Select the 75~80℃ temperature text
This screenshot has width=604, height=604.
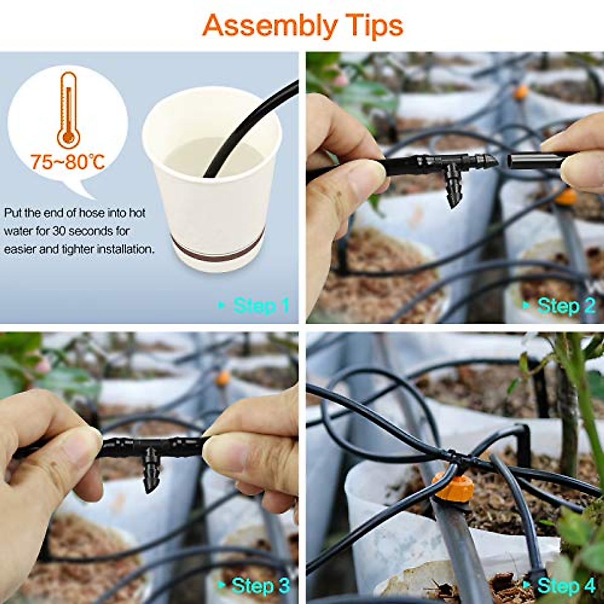[68, 162]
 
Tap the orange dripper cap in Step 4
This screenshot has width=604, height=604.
[453, 486]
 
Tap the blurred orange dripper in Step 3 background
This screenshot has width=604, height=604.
[222, 378]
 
